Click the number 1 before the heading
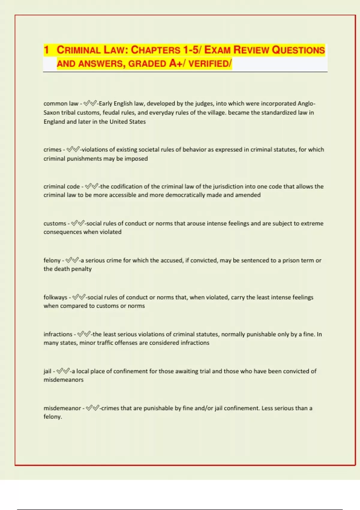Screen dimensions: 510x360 (46, 50)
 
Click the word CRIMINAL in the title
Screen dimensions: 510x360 (78, 50)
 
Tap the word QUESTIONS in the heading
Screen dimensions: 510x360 (298, 50)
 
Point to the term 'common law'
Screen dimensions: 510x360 (61, 103)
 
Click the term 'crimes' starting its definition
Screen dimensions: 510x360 (52, 149)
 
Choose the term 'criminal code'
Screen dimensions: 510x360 (61, 186)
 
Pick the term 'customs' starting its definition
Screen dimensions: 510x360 (55, 223)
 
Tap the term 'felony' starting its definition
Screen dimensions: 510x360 (52, 260)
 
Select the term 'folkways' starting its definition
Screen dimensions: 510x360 (55, 297)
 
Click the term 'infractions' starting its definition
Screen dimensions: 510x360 (58, 334)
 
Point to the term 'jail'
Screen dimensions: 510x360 (47, 371)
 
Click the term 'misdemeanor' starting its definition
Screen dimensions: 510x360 (62, 408)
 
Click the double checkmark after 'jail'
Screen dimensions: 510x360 (63, 371)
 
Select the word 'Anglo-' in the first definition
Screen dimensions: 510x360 (306, 103)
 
